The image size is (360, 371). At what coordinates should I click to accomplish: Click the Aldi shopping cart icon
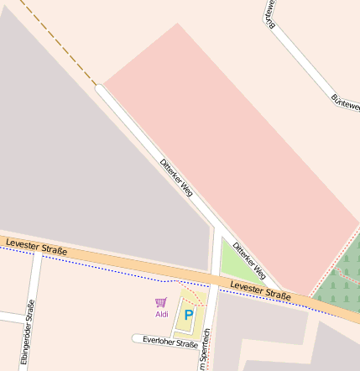pos(160,302)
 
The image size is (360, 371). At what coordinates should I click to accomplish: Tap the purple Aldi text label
pos(162,315)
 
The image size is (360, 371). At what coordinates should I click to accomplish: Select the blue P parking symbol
pos(189,315)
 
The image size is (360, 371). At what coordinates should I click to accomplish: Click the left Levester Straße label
pos(36,246)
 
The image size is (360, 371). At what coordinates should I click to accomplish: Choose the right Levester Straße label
pos(260,291)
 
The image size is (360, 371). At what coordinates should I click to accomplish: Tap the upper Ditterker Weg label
pos(176,177)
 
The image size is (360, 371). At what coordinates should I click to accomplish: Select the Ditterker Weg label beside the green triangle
pos(249,261)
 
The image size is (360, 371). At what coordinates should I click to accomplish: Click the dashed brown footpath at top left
pos(59,42)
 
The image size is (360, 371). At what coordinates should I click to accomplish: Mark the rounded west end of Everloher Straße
pos(136,338)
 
